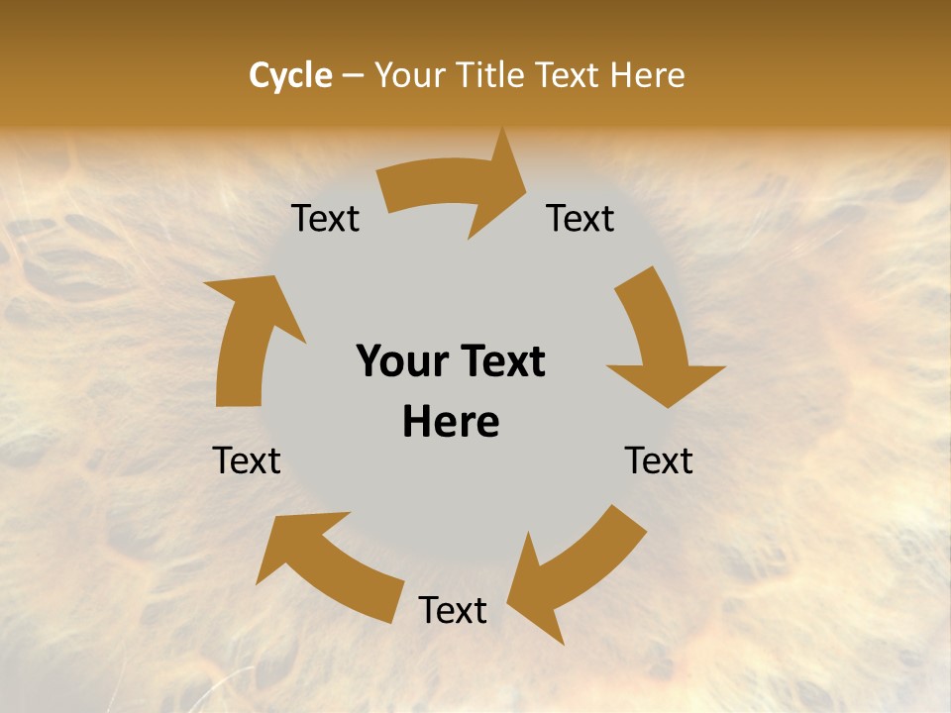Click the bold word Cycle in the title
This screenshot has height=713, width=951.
[x=290, y=75]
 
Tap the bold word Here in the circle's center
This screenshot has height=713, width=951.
[x=451, y=422]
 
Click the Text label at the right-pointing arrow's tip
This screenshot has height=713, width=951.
[x=581, y=219]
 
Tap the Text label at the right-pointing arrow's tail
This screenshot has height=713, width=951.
[x=325, y=219]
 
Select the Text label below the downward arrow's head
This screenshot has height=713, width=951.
[x=659, y=460]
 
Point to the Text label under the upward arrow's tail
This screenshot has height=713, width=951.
[x=248, y=460]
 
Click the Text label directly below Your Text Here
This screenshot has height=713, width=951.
[x=453, y=610]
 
